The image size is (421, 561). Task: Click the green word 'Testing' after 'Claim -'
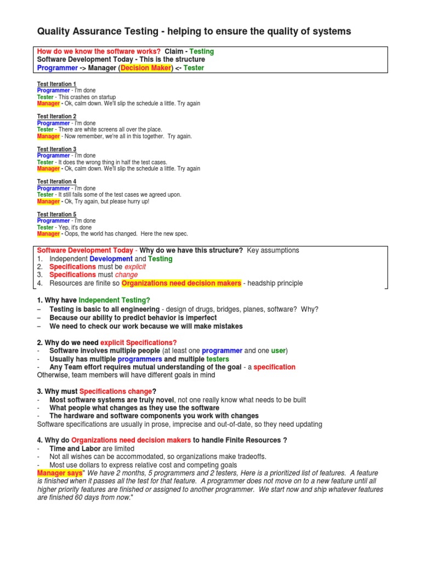(x=202, y=51)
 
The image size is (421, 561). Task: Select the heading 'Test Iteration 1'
(x=56, y=84)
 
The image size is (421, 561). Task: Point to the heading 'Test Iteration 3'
(x=56, y=149)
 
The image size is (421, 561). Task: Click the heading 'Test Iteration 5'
(x=56, y=214)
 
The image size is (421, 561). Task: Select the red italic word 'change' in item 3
(x=127, y=275)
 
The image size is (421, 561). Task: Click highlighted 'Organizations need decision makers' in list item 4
(x=181, y=283)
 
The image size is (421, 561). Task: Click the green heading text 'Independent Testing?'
(x=114, y=300)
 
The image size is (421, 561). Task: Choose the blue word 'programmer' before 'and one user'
(x=222, y=351)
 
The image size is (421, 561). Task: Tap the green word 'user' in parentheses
(x=278, y=351)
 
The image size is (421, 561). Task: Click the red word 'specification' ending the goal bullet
(x=275, y=367)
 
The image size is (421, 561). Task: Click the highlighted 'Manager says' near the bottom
(x=59, y=473)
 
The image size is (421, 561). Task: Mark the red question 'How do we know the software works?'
(x=99, y=51)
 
